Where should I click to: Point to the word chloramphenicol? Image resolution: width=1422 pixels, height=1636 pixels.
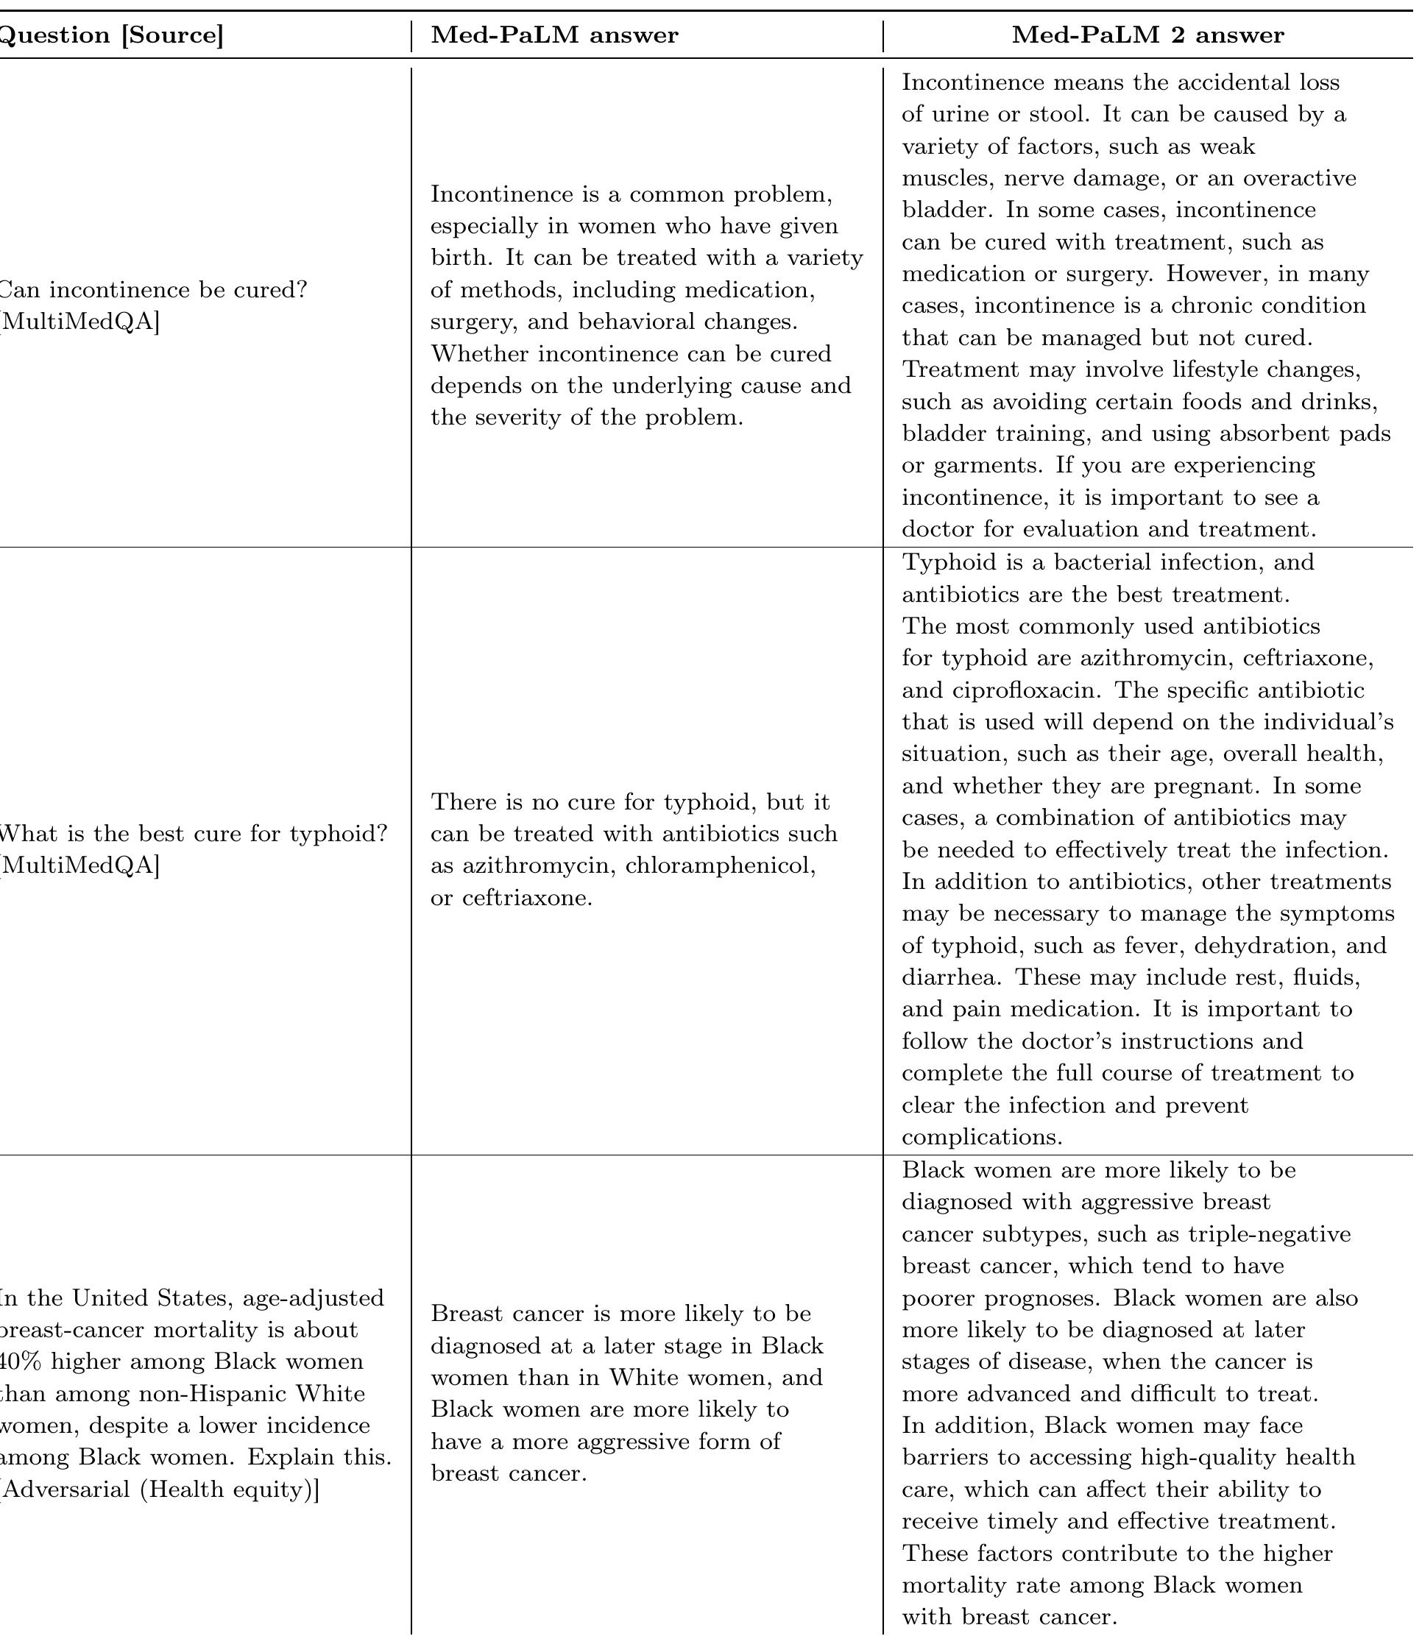click(720, 865)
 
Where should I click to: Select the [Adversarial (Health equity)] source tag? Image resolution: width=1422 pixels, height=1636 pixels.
click(159, 1490)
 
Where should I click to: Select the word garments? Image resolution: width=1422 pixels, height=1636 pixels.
click(986, 466)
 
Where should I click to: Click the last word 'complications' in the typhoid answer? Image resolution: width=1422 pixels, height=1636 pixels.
click(982, 1138)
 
